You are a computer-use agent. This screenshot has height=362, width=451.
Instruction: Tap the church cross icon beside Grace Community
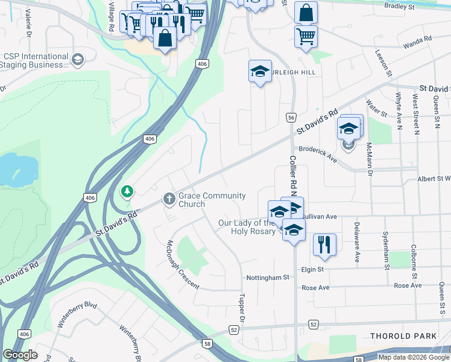coord(169,198)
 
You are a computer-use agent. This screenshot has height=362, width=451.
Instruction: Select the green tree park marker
coord(127,192)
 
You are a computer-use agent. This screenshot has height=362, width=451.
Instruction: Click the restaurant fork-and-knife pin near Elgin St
coord(324,244)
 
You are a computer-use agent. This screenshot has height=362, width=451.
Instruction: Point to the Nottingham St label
coord(268,278)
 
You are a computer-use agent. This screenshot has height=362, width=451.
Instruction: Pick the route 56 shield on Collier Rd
coord(291,118)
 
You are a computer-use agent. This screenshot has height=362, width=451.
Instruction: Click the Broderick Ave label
coord(317,153)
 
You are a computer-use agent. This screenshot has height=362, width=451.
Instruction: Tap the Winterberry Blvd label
coord(77,314)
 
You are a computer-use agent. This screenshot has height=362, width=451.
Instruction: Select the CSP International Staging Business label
coord(36,60)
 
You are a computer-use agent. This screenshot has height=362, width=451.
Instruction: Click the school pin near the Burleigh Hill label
coord(260,72)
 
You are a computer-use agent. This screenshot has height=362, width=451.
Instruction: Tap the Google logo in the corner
coord(20,355)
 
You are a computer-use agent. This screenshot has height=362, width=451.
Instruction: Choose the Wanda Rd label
coord(418,39)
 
